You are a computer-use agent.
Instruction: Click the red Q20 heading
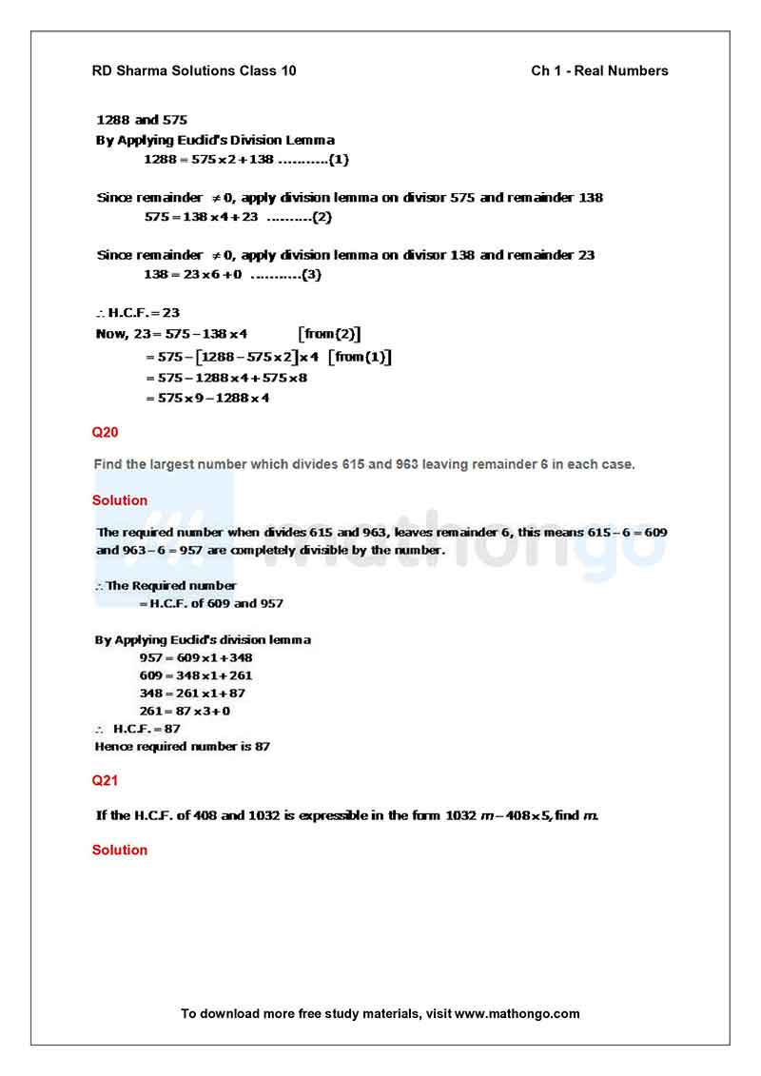[105, 432]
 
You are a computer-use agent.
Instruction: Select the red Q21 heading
[105, 780]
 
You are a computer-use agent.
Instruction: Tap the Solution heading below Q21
[120, 850]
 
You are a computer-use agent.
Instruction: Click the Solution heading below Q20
[120, 500]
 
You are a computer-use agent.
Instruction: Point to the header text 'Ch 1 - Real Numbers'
[599, 70]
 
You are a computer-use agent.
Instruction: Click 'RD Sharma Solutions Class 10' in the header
[193, 70]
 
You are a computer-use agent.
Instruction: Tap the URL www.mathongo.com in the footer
[517, 1013]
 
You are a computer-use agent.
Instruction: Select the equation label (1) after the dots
[339, 160]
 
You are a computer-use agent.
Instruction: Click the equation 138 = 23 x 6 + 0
[193, 275]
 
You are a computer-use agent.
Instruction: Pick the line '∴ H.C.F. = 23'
[138, 312]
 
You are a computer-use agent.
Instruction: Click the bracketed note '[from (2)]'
[329, 334]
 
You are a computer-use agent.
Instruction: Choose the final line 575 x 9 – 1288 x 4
[207, 399]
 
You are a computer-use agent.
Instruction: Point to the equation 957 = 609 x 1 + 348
[195, 657]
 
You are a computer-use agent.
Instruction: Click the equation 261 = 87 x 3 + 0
[185, 711]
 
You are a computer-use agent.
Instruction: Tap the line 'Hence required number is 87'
[182, 747]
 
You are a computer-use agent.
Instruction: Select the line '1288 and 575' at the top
[142, 121]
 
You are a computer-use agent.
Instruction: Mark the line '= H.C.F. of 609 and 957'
[210, 603]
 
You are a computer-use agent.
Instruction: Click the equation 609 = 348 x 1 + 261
[195, 675]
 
